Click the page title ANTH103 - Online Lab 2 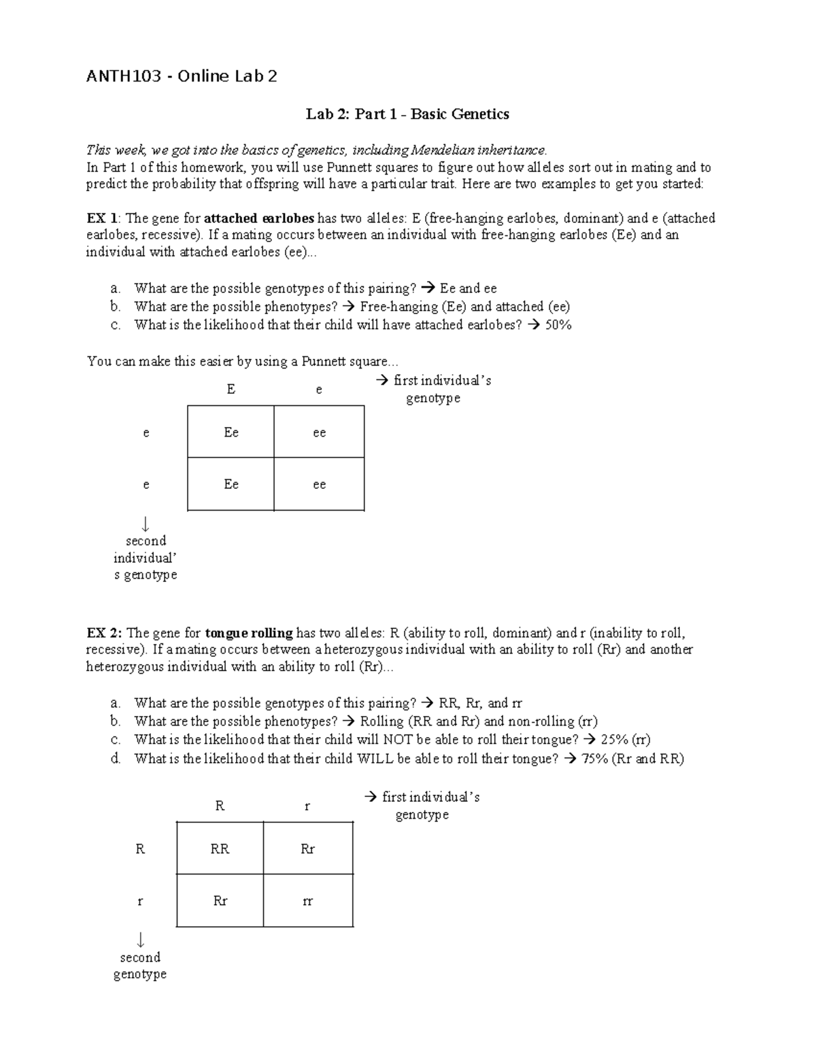(x=182, y=76)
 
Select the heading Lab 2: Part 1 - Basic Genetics (x=407, y=114)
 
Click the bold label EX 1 (x=103, y=218)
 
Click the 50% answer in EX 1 (x=558, y=325)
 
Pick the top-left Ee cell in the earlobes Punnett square (x=231, y=432)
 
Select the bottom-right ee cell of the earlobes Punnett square (x=319, y=484)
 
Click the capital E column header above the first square (x=231, y=389)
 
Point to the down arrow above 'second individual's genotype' (x=145, y=524)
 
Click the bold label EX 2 (x=104, y=633)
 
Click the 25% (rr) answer (x=626, y=740)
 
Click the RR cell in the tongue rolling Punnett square (x=220, y=849)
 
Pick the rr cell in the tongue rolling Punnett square (x=307, y=901)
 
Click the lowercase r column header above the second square (x=307, y=806)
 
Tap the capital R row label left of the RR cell (x=140, y=849)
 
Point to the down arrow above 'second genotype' (x=140, y=940)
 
